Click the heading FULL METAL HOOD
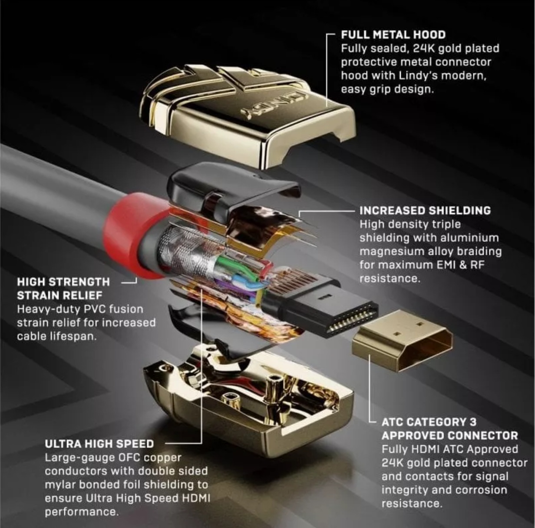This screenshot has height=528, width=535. tap(393, 35)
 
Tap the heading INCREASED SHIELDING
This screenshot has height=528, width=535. tap(425, 210)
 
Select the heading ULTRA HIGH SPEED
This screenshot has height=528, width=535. tap(99, 444)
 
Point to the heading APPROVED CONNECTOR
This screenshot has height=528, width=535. tap(450, 435)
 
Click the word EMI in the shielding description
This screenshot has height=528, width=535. tap(449, 265)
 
